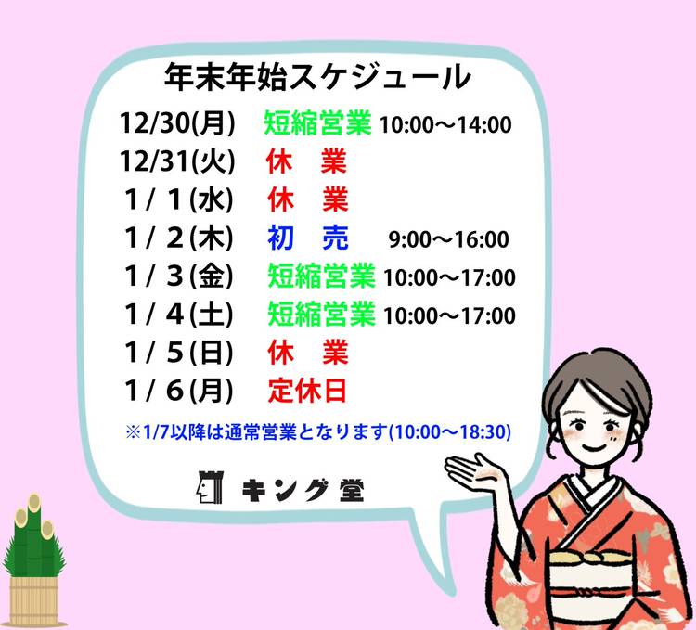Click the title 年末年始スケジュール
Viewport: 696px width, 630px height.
pos(317,78)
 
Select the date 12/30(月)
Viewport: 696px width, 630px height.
pos(177,122)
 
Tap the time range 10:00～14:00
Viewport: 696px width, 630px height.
pos(445,124)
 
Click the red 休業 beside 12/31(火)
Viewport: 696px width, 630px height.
pos(307,161)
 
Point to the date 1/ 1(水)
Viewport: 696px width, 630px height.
pos(179,199)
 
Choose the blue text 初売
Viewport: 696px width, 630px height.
pos(308,238)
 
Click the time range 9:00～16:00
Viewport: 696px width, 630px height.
pos(449,239)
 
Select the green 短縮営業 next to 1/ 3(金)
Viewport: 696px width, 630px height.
pos(321,276)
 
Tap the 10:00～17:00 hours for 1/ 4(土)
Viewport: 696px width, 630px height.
pos(449,315)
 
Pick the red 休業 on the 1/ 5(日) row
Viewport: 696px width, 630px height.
pos(308,353)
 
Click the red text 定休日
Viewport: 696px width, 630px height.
pos(307,391)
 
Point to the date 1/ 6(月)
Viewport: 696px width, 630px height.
pos(179,391)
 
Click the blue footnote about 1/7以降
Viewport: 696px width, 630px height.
pos(318,431)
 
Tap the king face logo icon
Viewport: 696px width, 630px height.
pos(210,487)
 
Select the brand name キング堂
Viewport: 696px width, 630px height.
pos(303,490)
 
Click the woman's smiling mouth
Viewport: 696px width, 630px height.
pos(594,447)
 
